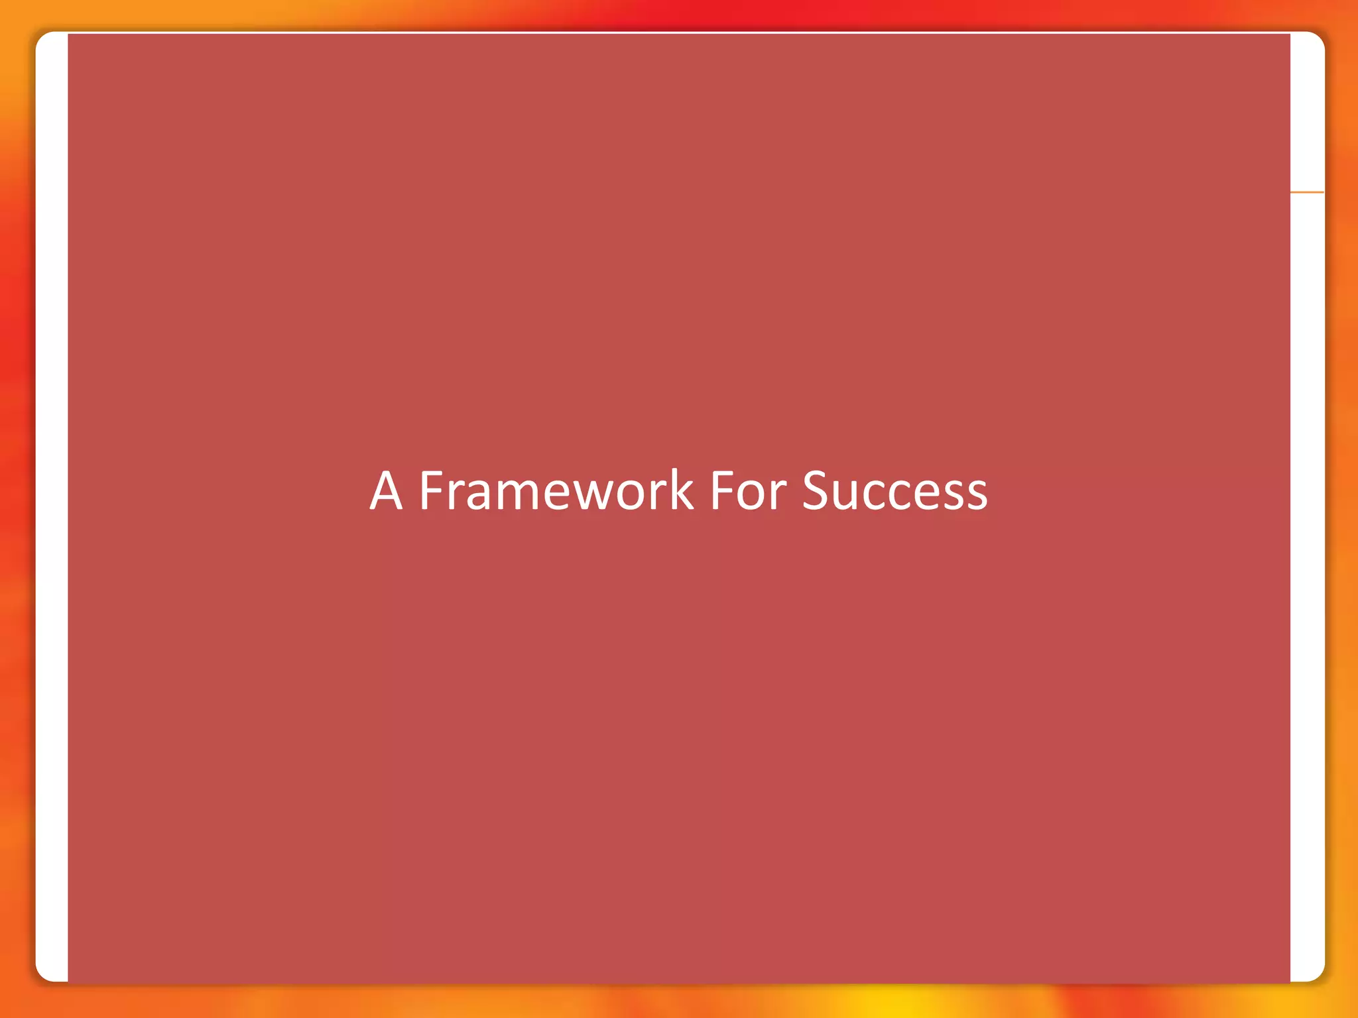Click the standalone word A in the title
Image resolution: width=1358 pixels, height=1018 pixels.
click(386, 491)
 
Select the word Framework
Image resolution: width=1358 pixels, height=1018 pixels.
click(556, 491)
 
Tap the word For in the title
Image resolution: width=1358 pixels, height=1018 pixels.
click(748, 491)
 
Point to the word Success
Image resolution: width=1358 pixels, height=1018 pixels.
click(895, 491)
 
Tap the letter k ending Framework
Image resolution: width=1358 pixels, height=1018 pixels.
click(681, 491)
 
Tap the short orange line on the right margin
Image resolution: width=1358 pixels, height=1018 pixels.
click(1307, 192)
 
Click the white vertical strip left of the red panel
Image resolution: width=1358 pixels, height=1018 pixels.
click(52, 504)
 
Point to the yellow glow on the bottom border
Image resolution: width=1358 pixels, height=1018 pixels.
click(895, 1001)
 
